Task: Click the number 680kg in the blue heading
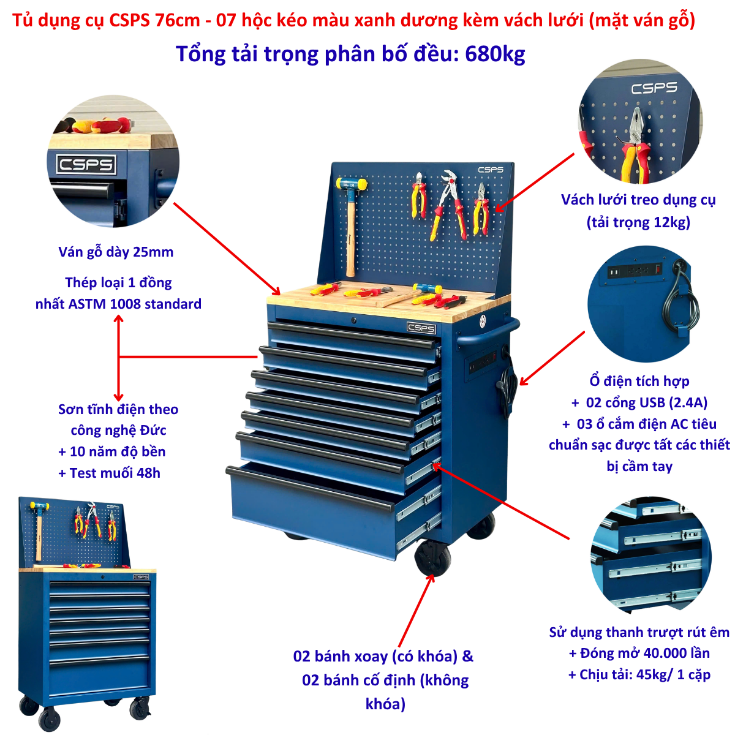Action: [x=495, y=54]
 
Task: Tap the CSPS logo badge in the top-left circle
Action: [x=86, y=164]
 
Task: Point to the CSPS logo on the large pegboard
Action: [x=491, y=170]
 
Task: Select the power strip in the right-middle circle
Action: [x=635, y=271]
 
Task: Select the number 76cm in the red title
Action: [x=178, y=21]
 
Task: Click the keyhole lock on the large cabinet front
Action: [x=353, y=320]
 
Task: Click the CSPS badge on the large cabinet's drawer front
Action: [x=421, y=328]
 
